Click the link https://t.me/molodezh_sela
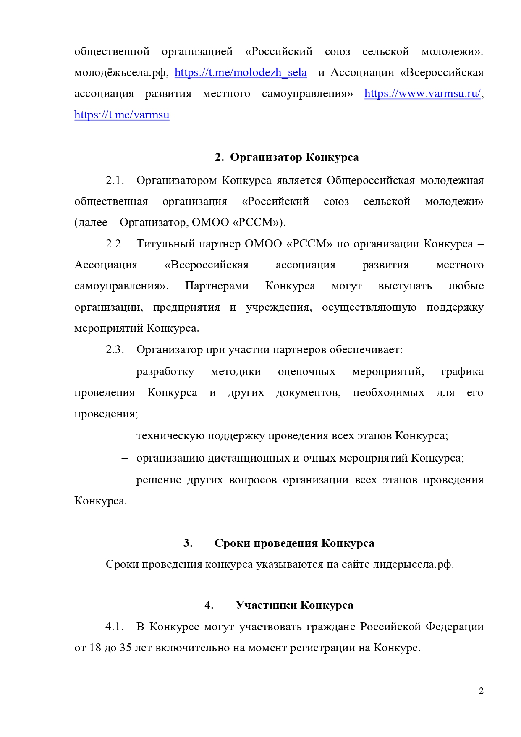(241, 73)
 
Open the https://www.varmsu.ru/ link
(422, 94)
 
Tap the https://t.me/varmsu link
(122, 115)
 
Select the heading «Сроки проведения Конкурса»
(294, 543)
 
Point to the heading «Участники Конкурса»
(294, 606)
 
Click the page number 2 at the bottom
(481, 691)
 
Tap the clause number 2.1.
(115, 181)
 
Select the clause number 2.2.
(115, 244)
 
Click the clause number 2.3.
(115, 350)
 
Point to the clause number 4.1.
(115, 627)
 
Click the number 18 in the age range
(95, 648)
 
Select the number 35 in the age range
(126, 648)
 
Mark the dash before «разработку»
(124, 372)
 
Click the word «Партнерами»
(217, 286)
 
